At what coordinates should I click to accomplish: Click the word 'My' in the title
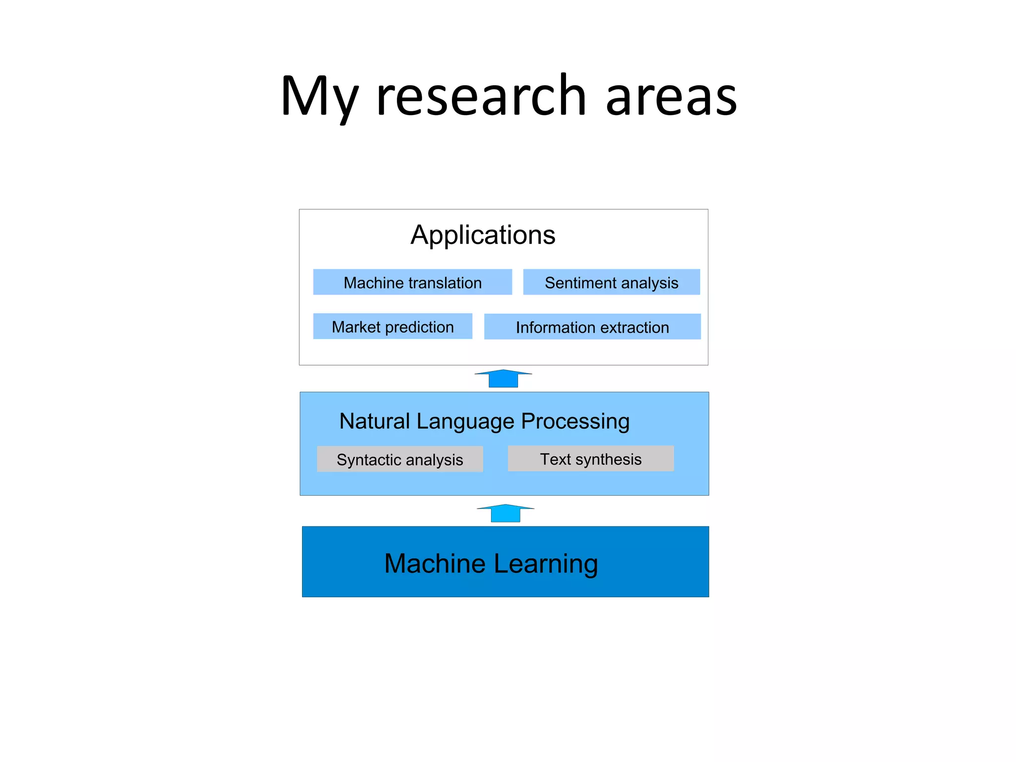[319, 97]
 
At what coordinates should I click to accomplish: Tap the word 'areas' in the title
[671, 97]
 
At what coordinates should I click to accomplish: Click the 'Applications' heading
[483, 235]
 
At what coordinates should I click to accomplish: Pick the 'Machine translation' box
[412, 282]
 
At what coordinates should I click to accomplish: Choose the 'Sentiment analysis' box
[611, 282]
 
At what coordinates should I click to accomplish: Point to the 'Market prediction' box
[392, 326]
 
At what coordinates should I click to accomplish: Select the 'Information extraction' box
[592, 327]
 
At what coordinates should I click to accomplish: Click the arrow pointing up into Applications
[503, 379]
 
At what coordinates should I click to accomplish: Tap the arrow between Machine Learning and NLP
[506, 513]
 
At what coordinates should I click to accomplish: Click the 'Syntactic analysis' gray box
[400, 459]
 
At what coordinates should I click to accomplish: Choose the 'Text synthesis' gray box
[590, 458]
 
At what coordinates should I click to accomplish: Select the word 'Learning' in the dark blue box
[546, 564]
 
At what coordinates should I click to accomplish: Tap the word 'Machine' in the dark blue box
[435, 564]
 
